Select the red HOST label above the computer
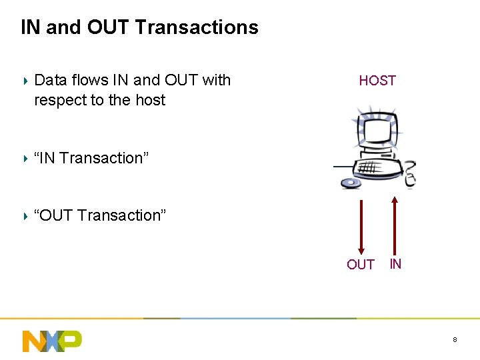[377, 81]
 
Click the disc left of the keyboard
[349, 182]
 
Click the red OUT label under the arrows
[361, 265]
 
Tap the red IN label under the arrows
[395, 264]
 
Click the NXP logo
[52, 341]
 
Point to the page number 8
[455, 340]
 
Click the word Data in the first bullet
[51, 81]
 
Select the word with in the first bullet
[216, 81]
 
